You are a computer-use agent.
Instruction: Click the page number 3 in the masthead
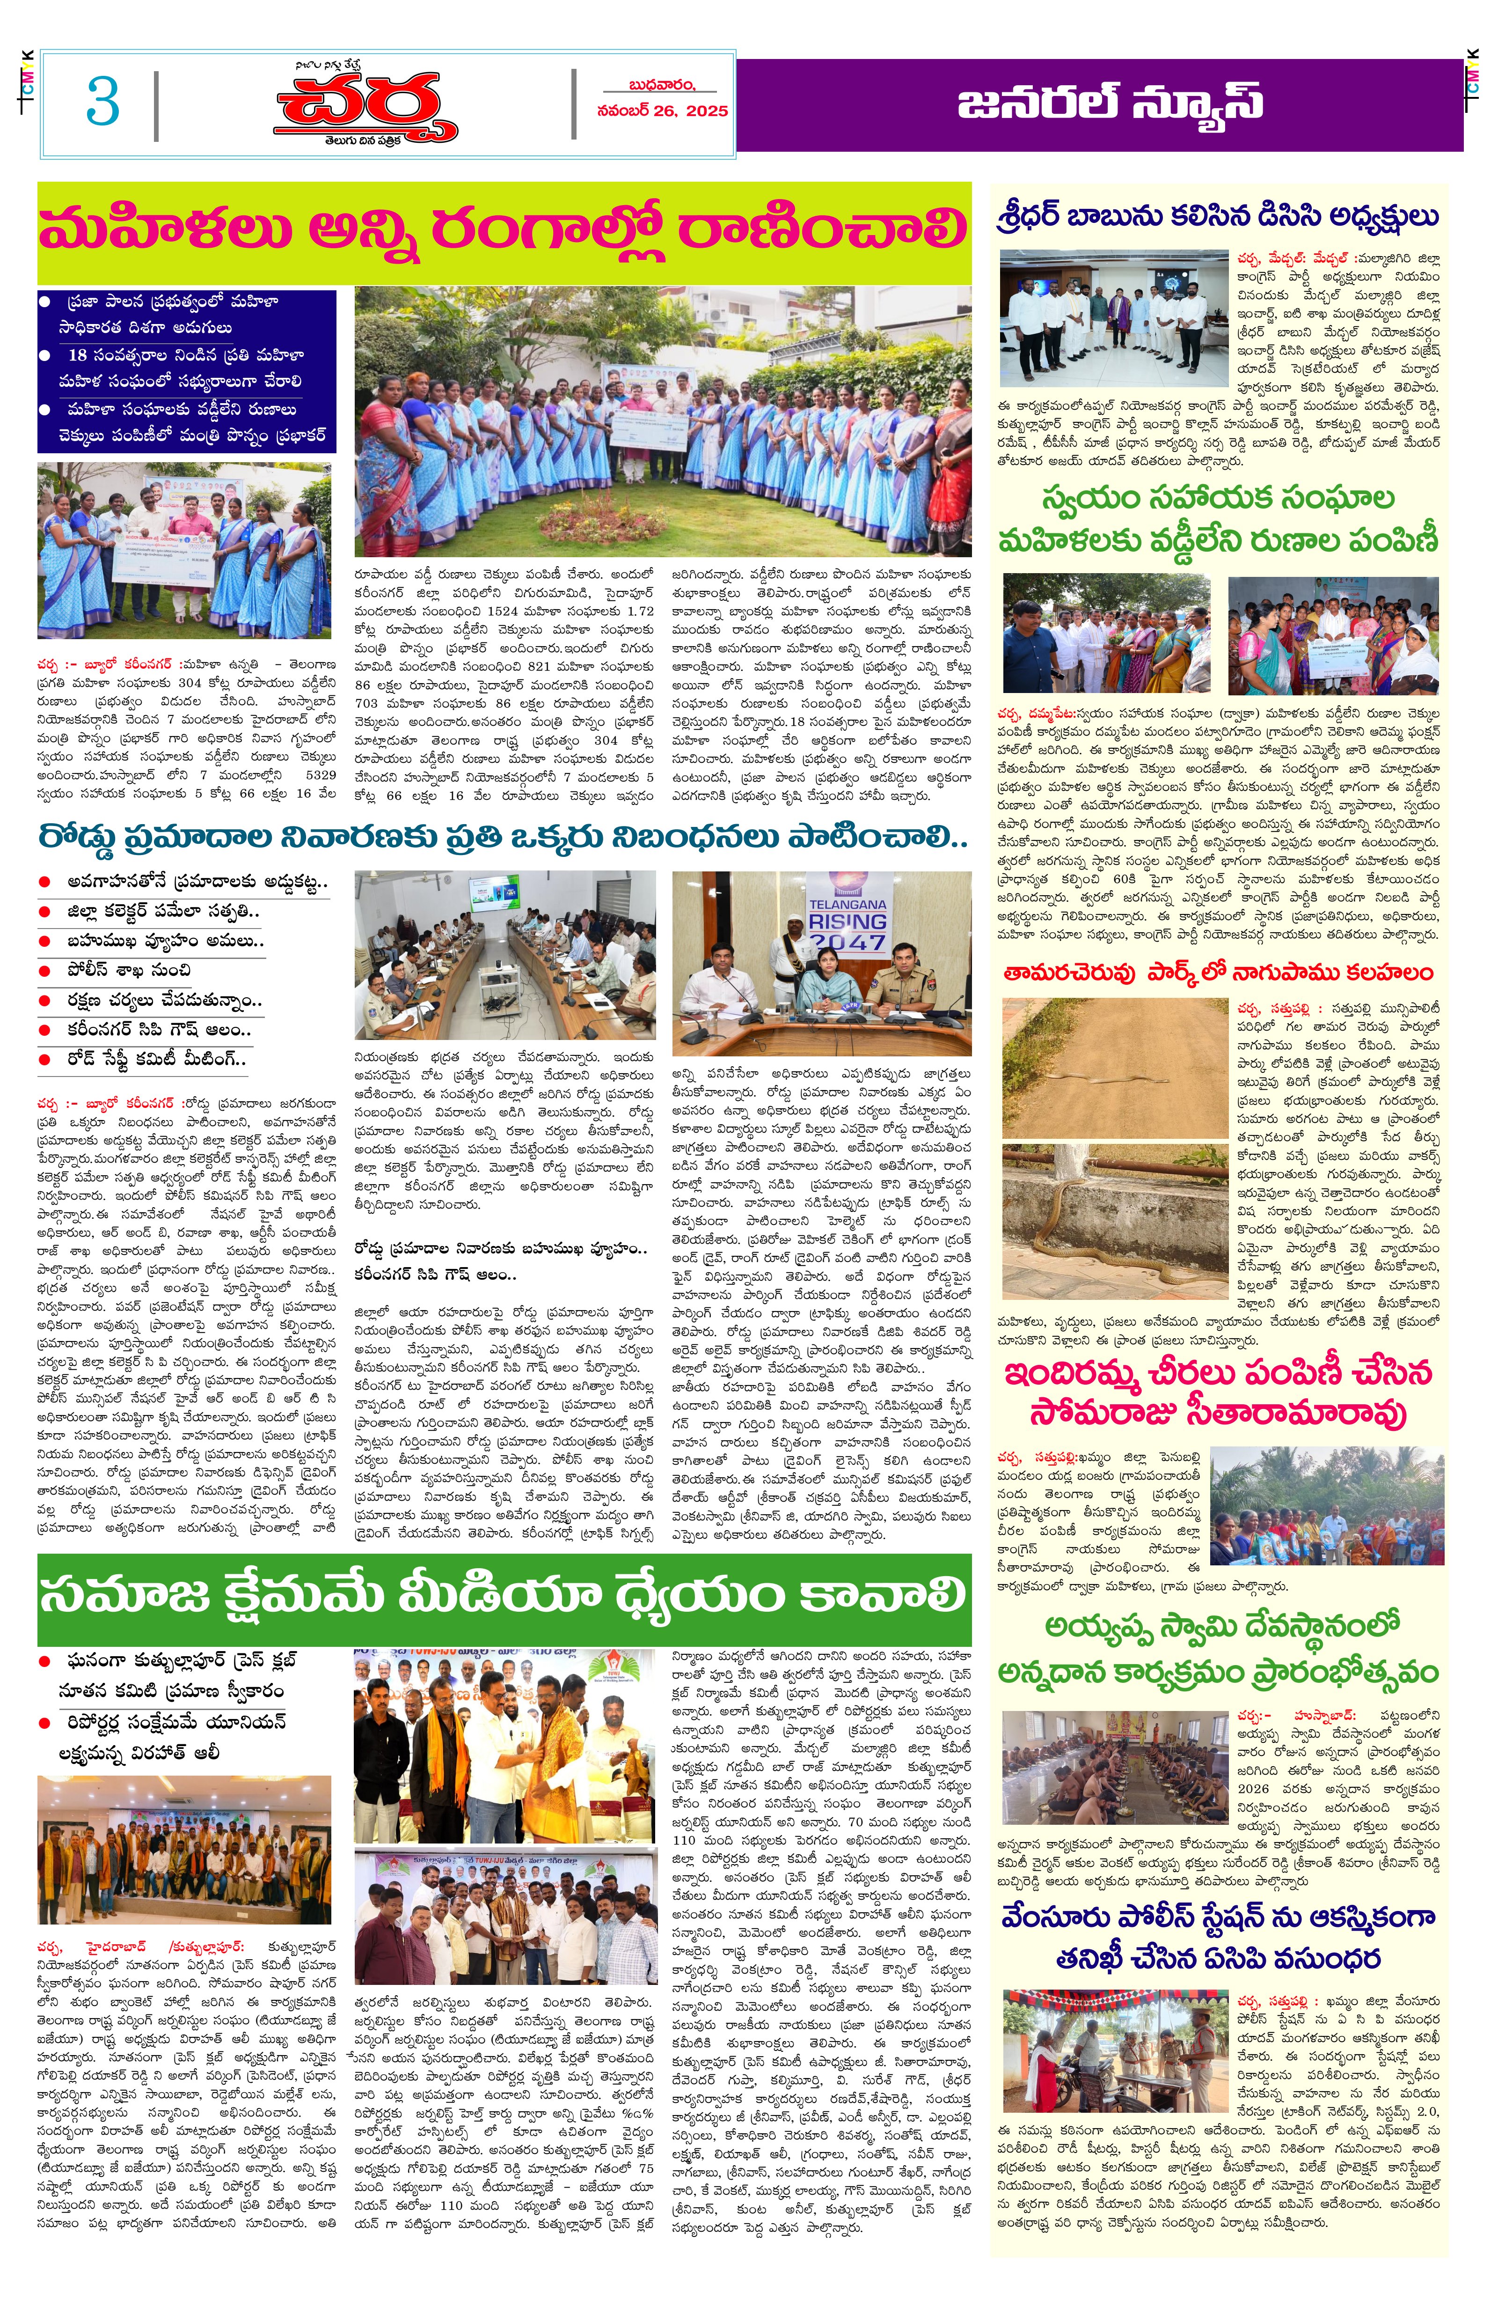click(x=102, y=101)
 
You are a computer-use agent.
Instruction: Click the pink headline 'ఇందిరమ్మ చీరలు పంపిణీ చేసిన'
click(x=1218, y=1373)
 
